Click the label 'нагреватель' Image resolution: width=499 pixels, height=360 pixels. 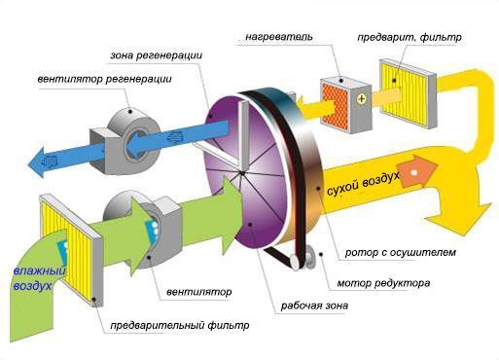279,36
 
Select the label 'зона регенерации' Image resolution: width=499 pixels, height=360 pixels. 157,55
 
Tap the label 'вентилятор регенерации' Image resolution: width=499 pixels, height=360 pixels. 104,79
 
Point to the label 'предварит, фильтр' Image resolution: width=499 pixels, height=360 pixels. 410,37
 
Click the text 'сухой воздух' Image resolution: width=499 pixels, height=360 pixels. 363,184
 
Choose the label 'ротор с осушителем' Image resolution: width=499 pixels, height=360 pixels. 401,252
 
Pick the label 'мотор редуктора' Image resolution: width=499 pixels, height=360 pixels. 383,283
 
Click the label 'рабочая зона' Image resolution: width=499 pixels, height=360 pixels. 314,306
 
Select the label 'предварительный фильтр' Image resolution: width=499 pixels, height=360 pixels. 180,325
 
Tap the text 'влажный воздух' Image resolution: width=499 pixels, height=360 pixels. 38,278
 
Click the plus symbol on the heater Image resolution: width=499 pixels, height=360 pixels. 361,98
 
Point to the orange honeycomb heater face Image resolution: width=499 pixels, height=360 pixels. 335,107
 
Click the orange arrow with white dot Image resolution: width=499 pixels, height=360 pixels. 417,170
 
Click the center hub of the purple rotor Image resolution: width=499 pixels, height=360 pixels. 242,172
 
